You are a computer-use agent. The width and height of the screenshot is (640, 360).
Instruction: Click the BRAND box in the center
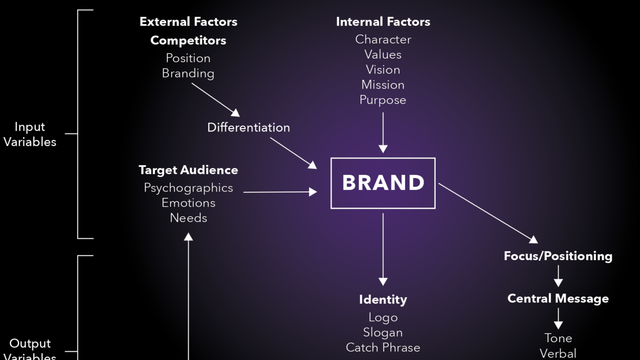point(383,183)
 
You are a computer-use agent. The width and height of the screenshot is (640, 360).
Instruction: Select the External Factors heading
point(188,22)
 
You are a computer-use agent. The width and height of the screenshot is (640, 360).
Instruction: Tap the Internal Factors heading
point(383,22)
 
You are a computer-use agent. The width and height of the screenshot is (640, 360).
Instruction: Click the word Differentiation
point(249,128)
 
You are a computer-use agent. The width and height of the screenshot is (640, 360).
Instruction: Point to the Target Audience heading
point(188,170)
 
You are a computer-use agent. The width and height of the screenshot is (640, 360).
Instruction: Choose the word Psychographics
point(188,188)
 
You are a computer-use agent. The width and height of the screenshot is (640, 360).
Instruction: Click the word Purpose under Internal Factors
point(383,100)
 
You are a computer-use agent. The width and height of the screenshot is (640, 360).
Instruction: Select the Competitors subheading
point(188,41)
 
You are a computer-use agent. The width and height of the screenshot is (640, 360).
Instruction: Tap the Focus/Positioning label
point(558,256)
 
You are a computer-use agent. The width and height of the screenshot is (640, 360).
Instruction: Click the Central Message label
point(558,298)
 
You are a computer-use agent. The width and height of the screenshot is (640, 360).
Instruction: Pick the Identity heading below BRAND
point(383,299)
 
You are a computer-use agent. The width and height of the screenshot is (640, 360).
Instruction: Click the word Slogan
point(383,332)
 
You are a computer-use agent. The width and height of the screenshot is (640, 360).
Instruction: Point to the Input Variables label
point(30,134)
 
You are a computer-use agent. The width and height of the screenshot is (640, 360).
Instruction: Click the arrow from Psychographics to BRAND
point(280,192)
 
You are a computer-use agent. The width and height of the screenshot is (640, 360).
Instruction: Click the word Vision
point(383,70)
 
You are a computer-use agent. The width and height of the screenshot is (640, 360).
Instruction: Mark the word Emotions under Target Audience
point(188,203)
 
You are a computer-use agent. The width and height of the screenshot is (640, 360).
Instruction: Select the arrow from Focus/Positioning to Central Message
point(558,276)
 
